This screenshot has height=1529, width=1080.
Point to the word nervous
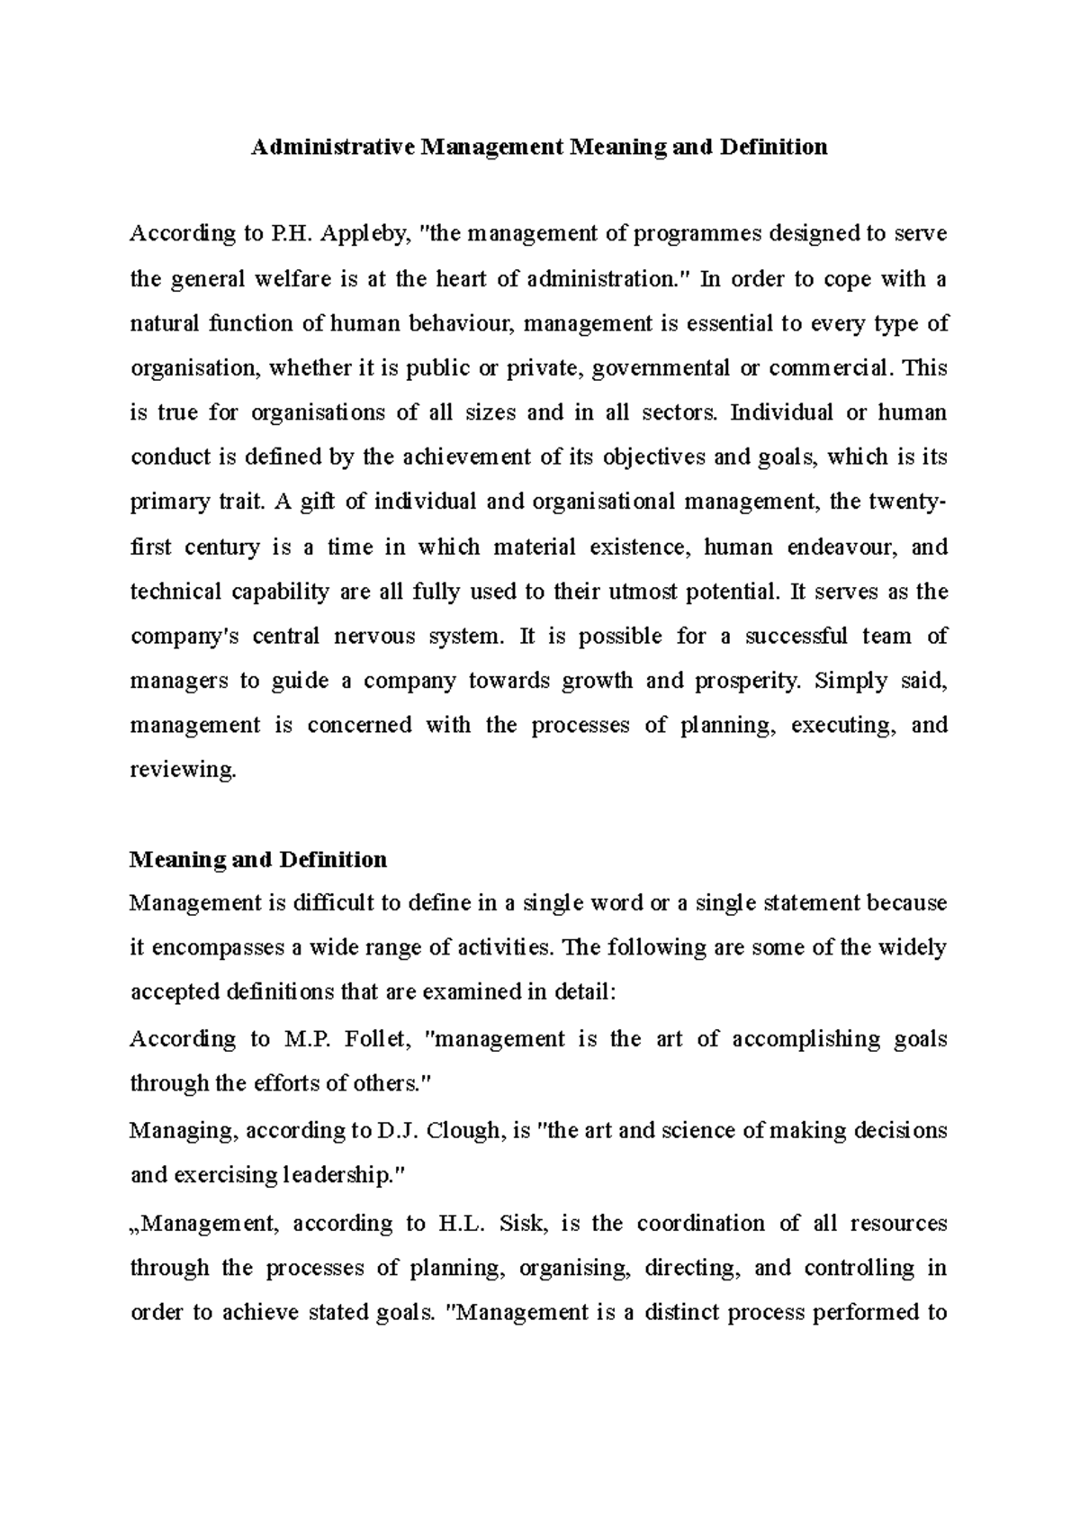pos(371,636)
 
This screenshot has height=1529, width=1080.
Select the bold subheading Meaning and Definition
pos(258,859)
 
